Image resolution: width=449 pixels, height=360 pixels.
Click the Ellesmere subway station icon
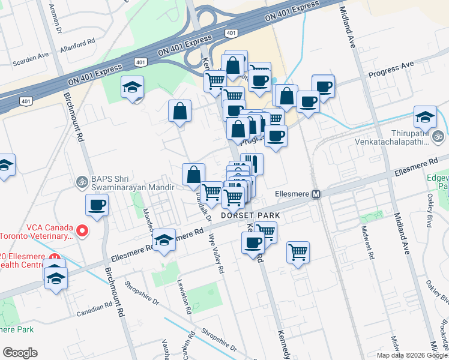[316, 194]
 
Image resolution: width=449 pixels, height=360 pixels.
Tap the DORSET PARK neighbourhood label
[246, 214]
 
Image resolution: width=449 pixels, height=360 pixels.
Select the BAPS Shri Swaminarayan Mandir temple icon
[82, 181]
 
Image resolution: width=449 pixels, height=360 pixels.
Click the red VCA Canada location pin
[83, 230]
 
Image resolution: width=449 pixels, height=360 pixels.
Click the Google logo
[20, 353]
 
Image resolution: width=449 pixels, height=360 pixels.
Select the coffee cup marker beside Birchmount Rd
[97, 206]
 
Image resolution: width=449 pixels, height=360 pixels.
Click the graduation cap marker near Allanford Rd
[132, 88]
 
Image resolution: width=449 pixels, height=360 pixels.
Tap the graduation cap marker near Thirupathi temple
[425, 116]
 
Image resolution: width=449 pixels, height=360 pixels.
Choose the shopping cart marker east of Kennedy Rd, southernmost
[298, 253]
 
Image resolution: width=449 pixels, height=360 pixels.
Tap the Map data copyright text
[411, 355]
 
